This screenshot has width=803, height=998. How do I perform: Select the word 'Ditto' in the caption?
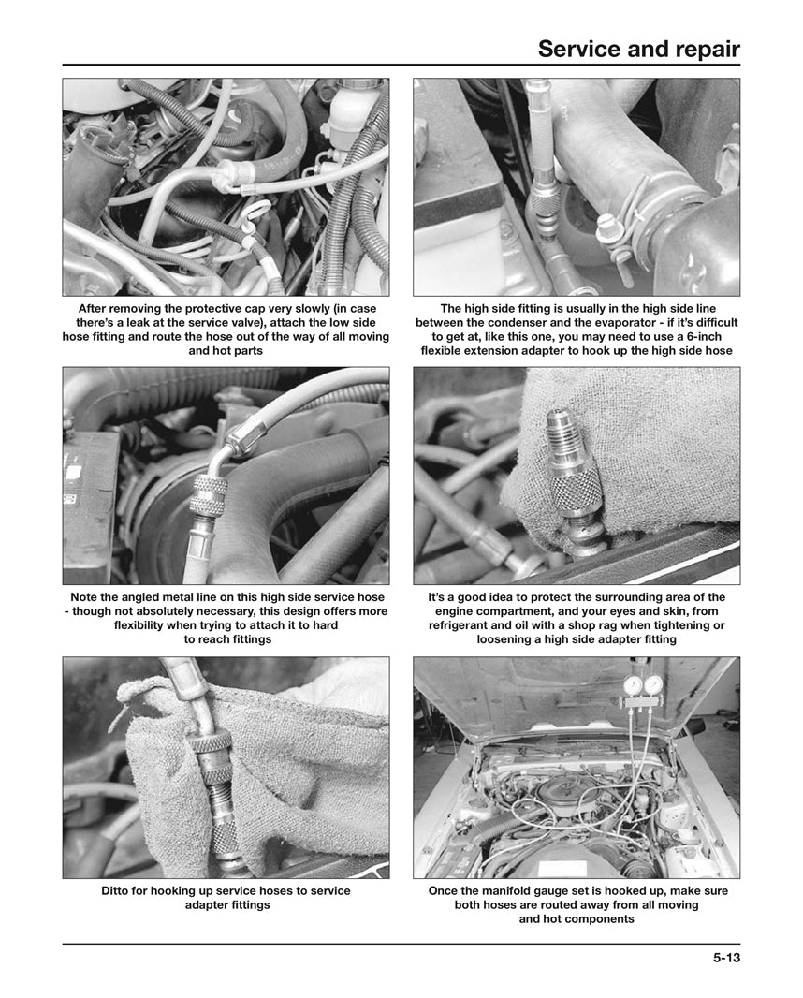(x=118, y=890)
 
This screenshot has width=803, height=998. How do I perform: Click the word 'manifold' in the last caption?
(x=514, y=890)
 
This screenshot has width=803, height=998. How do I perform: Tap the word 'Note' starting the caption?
(x=86, y=596)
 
